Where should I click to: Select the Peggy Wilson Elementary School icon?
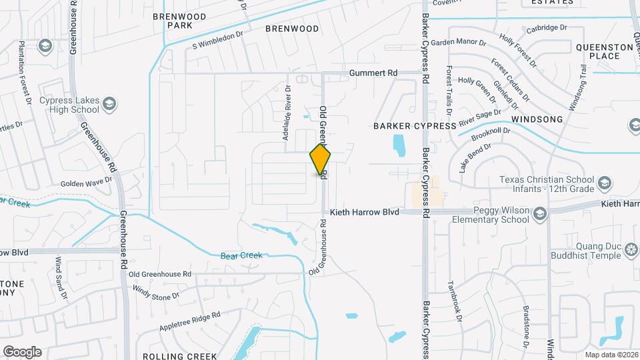pos(539,213)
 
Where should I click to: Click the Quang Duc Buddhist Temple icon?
pos(632,251)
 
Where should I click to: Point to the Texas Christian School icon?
pos(604,183)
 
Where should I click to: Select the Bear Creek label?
pos(242,255)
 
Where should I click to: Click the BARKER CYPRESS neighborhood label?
pos(414,125)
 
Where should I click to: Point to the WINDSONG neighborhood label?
pos(537,119)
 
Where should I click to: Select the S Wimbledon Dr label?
pos(218,40)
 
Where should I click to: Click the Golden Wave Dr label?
pos(86,182)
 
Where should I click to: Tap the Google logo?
pos(22,351)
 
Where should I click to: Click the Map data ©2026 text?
pos(610,355)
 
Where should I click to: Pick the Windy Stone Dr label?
pos(155,291)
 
